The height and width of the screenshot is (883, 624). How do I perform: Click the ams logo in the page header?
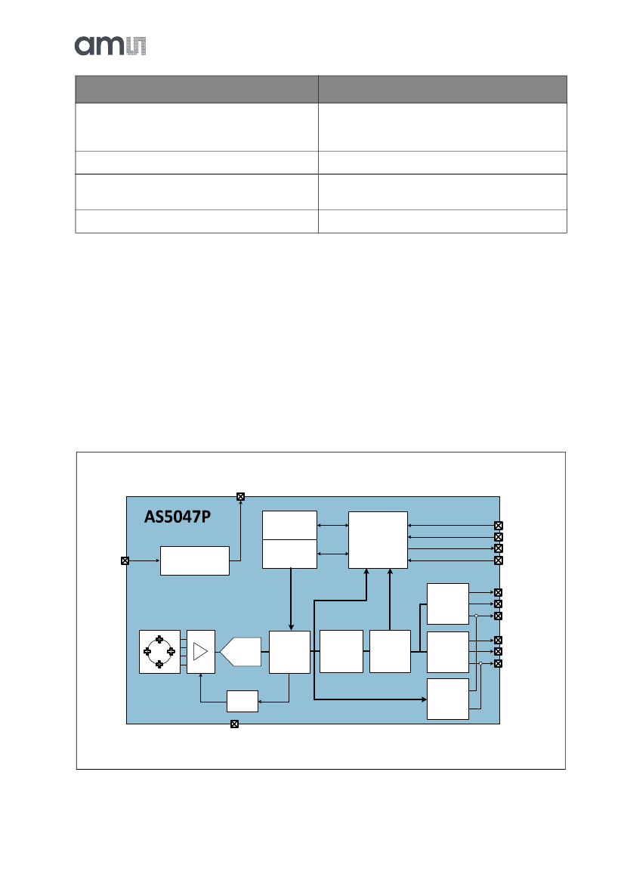click(110, 45)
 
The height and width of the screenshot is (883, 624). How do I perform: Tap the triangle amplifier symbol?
click(200, 651)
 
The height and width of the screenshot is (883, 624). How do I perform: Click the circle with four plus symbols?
click(159, 651)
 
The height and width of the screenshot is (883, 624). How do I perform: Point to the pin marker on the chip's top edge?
click(240, 496)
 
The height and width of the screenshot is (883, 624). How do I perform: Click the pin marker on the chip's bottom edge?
click(234, 724)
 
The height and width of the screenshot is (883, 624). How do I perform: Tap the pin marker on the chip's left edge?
click(125, 560)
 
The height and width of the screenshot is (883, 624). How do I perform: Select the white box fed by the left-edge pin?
click(194, 560)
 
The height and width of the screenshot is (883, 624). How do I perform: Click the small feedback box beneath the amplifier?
click(242, 701)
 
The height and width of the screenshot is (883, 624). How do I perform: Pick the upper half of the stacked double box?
click(289, 526)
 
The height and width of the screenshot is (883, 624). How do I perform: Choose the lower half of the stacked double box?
click(289, 554)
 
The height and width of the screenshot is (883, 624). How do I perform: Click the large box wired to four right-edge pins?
click(378, 539)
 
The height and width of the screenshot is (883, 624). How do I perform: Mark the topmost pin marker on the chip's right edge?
click(498, 526)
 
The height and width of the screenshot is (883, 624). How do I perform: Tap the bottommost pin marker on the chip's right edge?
click(498, 663)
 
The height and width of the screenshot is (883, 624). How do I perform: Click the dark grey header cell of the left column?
click(196, 89)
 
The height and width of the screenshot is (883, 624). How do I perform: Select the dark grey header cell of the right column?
click(442, 89)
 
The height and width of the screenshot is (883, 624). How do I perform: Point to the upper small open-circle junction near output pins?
click(477, 616)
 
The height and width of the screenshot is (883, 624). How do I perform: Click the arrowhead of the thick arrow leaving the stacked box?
click(292, 626)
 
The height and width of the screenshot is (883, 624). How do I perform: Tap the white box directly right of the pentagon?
click(289, 651)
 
